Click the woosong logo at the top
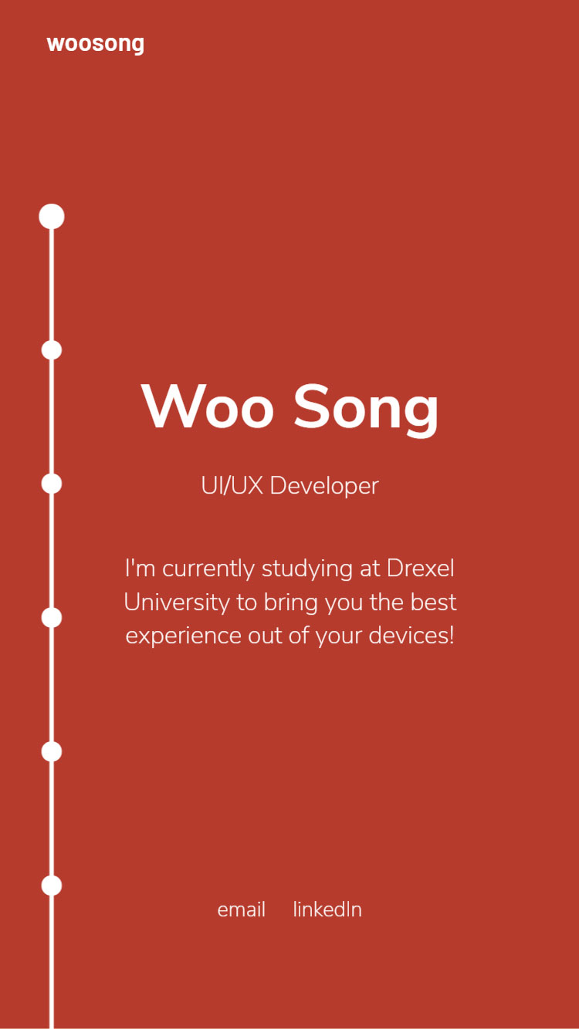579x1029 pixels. [95, 45]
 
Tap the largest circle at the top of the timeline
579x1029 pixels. [52, 216]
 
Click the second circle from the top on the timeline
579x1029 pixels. [52, 350]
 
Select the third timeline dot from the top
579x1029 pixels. [52, 484]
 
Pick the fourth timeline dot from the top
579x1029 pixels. [52, 617]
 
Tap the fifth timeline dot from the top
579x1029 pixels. [52, 751]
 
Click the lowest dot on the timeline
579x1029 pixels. [52, 886]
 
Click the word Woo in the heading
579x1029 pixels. [208, 407]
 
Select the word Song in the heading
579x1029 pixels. [366, 410]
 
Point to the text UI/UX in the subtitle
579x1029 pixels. [232, 485]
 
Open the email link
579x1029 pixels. [241, 909]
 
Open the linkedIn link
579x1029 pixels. [327, 909]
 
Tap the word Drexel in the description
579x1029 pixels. [420, 568]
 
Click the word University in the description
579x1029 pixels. [177, 602]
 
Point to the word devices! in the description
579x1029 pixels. [411, 636]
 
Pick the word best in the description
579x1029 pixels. [433, 602]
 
